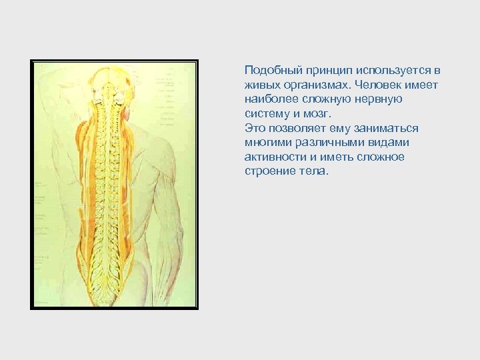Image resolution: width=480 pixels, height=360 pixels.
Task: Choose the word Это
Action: click(x=255, y=128)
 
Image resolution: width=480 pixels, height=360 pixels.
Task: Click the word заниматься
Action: click(x=387, y=128)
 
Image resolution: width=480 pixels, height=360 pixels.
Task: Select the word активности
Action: click(x=273, y=157)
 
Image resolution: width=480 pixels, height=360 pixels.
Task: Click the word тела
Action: click(x=314, y=171)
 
